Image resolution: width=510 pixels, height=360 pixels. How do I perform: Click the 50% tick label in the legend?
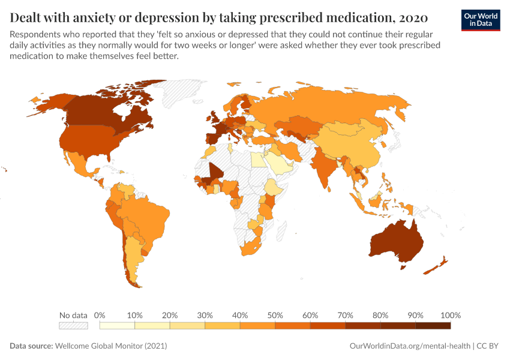coord(275,315)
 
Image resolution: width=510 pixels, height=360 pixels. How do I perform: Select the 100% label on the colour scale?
coord(450,315)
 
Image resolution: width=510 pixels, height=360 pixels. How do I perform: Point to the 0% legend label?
coord(100,315)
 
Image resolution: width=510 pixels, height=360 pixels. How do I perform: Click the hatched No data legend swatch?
coord(73,325)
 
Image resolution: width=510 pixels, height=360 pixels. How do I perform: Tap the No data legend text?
coord(73,315)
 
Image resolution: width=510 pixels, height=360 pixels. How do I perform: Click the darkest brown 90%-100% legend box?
coord(433,325)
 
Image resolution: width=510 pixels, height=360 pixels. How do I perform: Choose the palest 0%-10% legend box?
coord(118,325)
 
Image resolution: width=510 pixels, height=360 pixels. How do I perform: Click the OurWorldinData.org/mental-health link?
coord(410,346)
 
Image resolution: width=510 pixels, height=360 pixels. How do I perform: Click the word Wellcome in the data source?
coord(71,346)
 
